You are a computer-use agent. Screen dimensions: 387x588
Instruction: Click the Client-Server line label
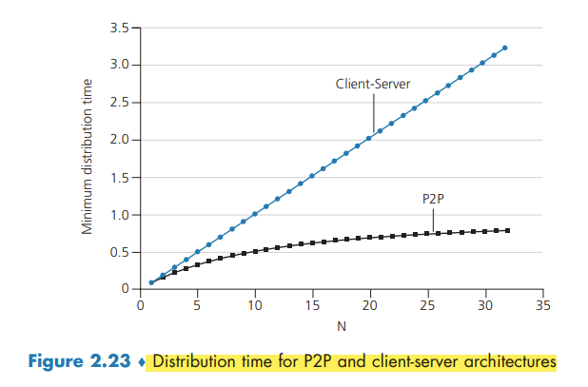[374, 84]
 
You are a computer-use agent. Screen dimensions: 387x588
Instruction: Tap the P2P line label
[433, 199]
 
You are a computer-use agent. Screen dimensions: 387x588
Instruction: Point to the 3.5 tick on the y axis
[117, 29]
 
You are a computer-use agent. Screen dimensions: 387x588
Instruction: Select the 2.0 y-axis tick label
[117, 141]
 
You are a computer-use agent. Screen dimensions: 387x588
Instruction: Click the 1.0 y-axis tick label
[117, 215]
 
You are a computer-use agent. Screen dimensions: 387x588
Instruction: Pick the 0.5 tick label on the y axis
[117, 252]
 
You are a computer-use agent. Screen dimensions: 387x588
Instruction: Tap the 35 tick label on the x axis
[543, 306]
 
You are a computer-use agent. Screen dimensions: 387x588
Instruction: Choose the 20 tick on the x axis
[370, 306]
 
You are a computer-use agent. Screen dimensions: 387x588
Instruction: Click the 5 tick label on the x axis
[197, 306]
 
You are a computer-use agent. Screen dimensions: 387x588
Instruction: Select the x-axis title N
[342, 326]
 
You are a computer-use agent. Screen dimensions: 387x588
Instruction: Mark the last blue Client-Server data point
[505, 48]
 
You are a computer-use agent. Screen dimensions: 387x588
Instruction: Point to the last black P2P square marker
[508, 230]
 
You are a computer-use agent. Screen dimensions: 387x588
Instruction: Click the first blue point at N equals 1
[151, 282]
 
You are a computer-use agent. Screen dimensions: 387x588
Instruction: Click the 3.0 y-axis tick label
[117, 66]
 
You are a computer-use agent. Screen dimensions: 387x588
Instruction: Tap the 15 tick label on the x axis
[312, 306]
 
